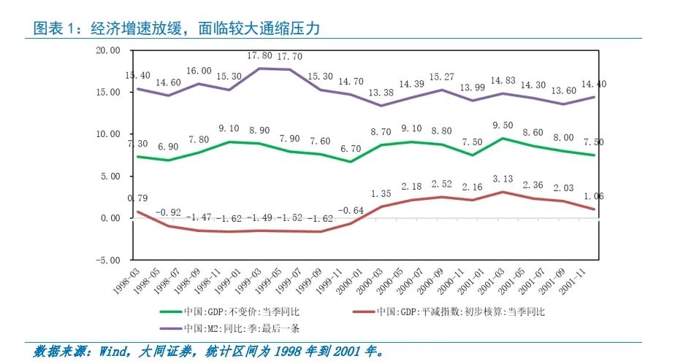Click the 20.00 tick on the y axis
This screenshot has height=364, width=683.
107,50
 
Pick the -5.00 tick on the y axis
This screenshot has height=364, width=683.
107,260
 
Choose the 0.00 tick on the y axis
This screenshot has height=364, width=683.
110,218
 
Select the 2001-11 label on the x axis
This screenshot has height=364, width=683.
579,279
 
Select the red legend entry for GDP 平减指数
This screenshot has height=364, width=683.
460,312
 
